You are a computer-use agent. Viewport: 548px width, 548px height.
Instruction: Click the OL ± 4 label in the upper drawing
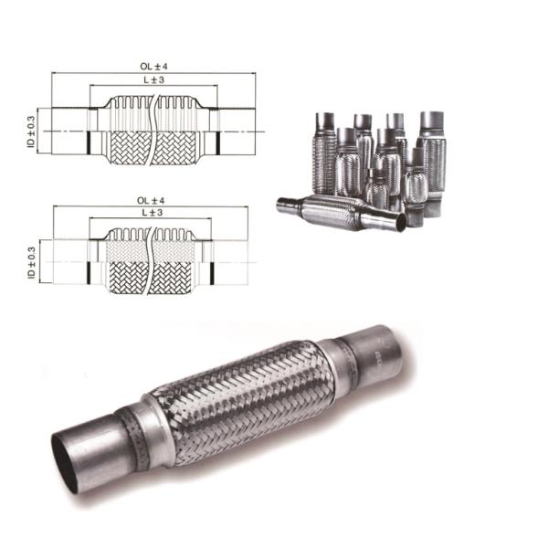[x=151, y=67]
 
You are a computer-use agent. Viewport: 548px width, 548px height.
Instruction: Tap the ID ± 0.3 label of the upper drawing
[x=31, y=130]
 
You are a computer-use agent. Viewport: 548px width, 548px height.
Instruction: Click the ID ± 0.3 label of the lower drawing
[x=31, y=263]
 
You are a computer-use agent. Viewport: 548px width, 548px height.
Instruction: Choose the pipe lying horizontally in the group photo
[x=342, y=212]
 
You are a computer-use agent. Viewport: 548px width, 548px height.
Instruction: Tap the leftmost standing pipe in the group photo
[x=325, y=151]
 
